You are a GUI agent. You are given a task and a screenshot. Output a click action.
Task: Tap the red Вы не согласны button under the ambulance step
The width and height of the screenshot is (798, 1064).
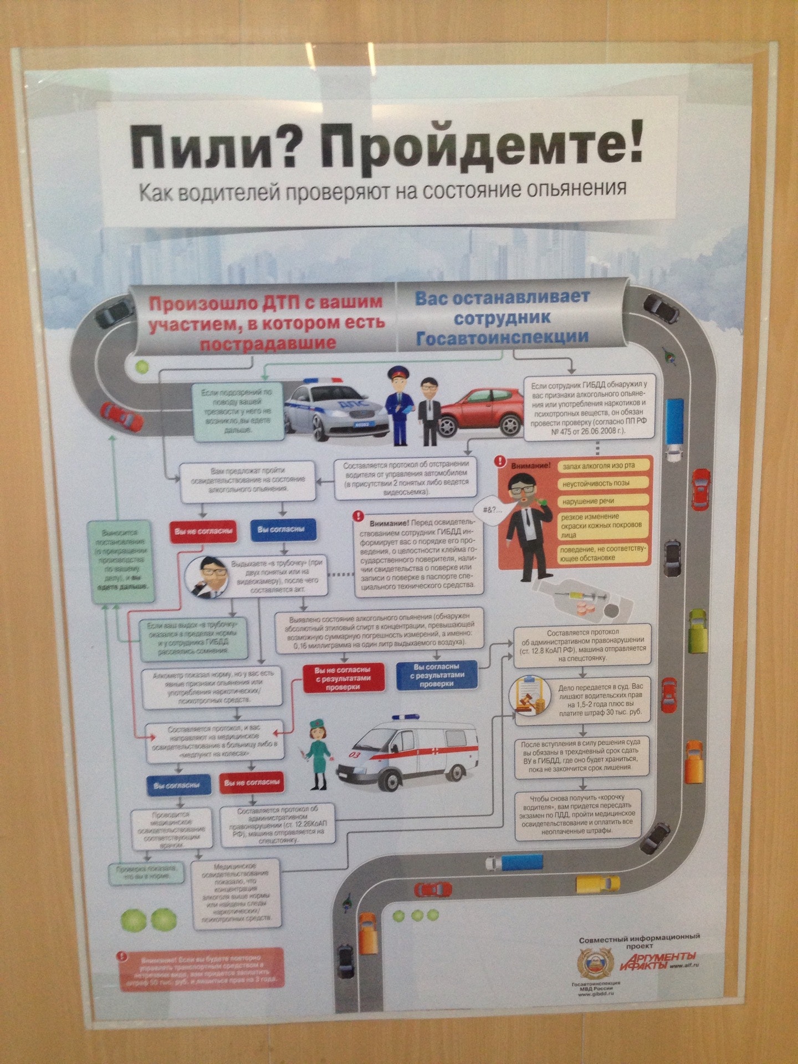pos(252,782)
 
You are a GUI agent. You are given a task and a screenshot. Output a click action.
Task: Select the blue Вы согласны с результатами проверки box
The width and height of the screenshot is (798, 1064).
pos(437,675)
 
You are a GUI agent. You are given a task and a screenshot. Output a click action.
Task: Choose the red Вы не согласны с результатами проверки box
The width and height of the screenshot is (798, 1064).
pos(344,678)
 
